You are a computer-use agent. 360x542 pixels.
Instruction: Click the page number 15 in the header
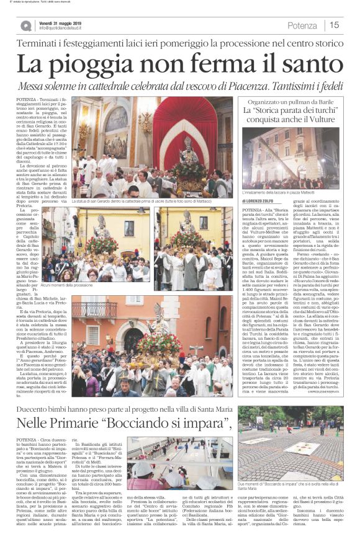tap(335, 25)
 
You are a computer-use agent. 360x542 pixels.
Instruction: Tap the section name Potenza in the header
tap(302, 25)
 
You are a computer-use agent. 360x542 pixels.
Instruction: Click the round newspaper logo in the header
tap(25, 25)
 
